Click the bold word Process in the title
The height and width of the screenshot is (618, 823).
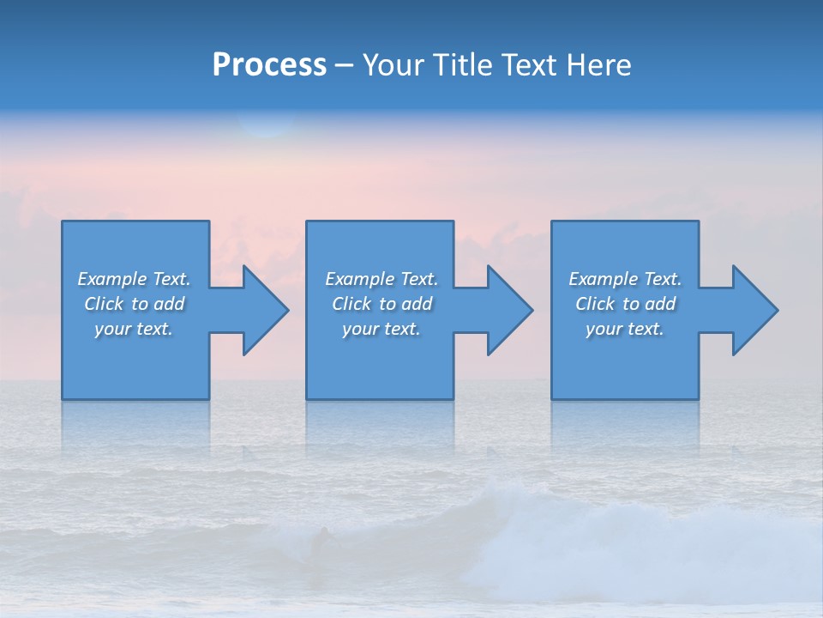(269, 65)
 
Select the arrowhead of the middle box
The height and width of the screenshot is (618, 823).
(508, 310)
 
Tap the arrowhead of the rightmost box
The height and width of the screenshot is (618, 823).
(754, 310)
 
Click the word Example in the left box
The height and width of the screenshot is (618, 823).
(112, 279)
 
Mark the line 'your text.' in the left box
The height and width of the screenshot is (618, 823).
(135, 329)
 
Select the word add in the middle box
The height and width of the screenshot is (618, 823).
(417, 304)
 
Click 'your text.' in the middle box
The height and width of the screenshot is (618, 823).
(381, 329)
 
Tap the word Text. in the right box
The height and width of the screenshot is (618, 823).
(662, 279)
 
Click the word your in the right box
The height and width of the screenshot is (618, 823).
(604, 329)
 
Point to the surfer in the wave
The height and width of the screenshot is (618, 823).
(321, 541)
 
